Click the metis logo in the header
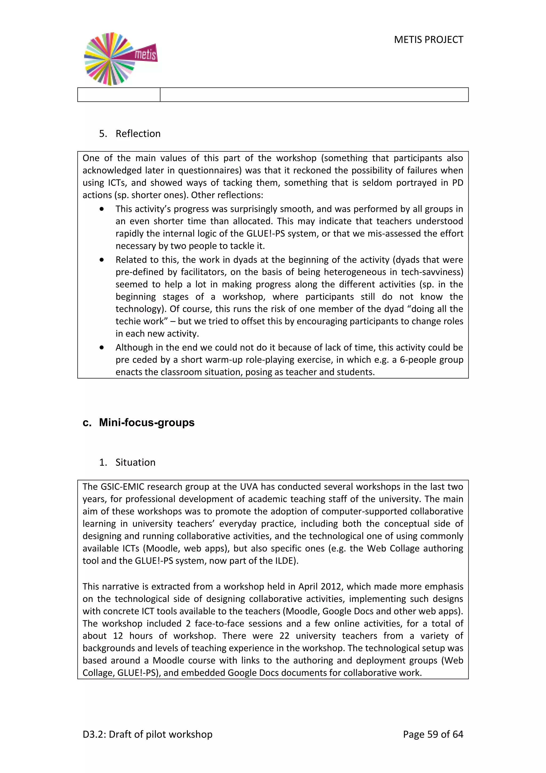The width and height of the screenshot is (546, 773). [x=120, y=59]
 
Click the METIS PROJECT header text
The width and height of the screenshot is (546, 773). [x=428, y=40]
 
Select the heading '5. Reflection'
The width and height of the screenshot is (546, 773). [x=130, y=134]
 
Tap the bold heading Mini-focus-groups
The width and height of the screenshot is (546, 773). [x=147, y=423]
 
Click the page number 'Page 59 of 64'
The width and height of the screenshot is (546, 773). [x=433, y=734]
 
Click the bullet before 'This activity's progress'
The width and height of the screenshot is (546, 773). [x=102, y=209]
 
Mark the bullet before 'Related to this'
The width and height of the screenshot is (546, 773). [x=102, y=260]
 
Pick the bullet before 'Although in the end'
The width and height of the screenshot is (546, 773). [x=102, y=348]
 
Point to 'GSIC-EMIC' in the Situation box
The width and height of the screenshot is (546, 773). [x=123, y=487]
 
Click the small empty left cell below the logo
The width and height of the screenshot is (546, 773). [x=119, y=94]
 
